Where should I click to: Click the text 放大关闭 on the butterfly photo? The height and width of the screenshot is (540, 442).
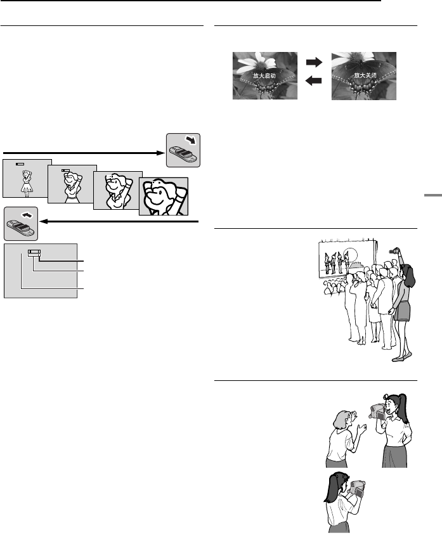coord(366,75)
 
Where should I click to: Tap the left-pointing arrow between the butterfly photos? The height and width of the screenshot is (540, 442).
coord(314,81)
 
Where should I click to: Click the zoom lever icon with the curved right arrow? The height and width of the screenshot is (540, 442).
coord(182,150)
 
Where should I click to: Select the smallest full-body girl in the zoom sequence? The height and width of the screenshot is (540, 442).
coord(27,180)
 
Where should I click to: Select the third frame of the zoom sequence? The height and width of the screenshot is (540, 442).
coord(117,191)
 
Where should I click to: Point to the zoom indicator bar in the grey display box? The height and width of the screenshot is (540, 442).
coord(34,255)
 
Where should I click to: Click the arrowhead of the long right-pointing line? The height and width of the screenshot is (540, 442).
coord(160,153)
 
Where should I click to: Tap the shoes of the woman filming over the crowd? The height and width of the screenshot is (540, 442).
coord(401,357)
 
